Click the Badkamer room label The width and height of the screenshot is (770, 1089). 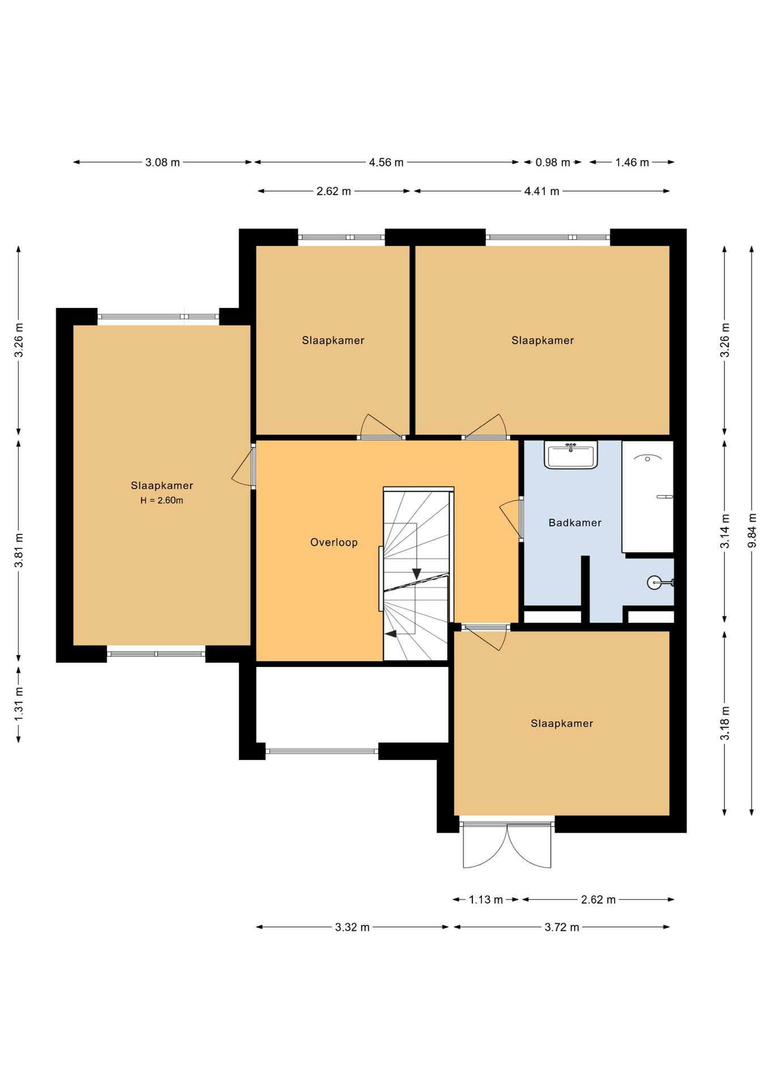[x=574, y=522]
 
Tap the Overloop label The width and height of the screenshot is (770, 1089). [x=334, y=542]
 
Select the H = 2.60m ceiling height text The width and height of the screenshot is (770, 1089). [x=162, y=500]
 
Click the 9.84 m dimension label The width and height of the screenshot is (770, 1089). [x=752, y=530]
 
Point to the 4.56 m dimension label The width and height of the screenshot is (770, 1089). [x=386, y=162]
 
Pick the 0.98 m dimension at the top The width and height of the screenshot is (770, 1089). [x=553, y=162]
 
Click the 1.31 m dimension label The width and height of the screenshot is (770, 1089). [x=19, y=703]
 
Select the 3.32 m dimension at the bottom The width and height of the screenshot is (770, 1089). [x=352, y=927]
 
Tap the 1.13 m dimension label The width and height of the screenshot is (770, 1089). [x=486, y=900]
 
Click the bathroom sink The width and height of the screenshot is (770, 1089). [x=570, y=455]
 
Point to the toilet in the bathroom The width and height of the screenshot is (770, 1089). [x=659, y=583]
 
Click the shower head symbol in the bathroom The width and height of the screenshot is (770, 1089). [x=648, y=457]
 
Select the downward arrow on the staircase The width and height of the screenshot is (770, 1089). [x=416, y=573]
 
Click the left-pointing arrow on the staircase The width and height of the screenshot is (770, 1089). [x=391, y=634]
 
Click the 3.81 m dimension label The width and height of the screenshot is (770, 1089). [x=19, y=550]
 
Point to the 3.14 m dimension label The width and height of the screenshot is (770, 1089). [x=725, y=531]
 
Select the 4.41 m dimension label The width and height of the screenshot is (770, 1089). [x=541, y=191]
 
